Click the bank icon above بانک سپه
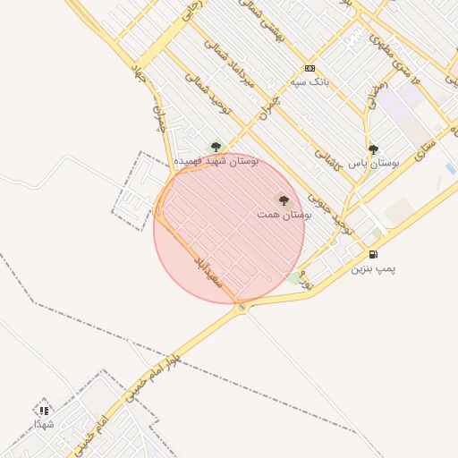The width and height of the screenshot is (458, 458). click(310, 68)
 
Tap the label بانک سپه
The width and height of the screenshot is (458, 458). click(310, 81)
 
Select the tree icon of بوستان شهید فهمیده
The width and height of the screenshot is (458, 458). click(215, 147)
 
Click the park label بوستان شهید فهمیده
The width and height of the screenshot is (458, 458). click(216, 160)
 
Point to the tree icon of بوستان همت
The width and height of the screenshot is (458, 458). click(284, 200)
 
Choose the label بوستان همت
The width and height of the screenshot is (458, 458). click(284, 215)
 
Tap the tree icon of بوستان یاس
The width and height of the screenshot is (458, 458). click(373, 149)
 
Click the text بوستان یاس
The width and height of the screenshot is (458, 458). click(373, 164)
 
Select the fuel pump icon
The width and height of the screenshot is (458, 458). click(373, 255)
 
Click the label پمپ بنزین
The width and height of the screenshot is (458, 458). click(373, 268)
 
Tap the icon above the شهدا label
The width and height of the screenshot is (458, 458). click(44, 411)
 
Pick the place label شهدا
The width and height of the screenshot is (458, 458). click(44, 423)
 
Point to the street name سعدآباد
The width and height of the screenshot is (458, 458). click(208, 268)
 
